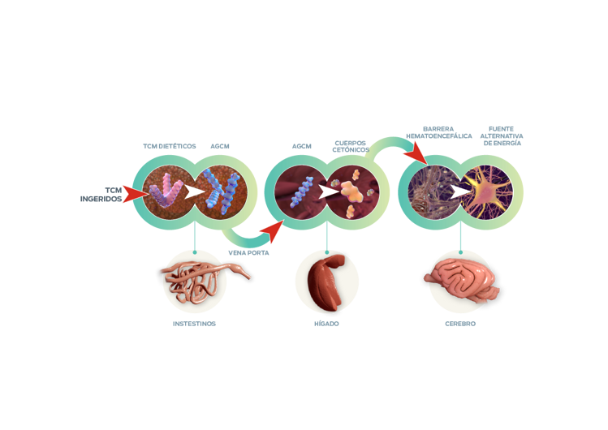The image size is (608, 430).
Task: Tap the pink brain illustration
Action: click(x=459, y=281)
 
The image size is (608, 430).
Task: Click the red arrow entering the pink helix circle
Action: click(x=134, y=192)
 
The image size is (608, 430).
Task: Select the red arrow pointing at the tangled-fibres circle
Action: click(x=415, y=151)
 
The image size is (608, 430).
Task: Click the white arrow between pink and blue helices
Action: click(x=194, y=192)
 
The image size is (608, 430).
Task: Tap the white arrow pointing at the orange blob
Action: click(x=327, y=192)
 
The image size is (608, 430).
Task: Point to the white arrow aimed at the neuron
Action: click(x=460, y=191)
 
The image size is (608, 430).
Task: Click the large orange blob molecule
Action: click(x=352, y=192)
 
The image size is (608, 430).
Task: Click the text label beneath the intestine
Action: click(x=194, y=323)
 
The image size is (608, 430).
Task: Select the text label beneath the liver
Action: click(x=326, y=323)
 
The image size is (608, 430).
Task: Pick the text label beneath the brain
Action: click(x=460, y=323)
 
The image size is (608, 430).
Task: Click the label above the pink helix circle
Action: click(x=170, y=146)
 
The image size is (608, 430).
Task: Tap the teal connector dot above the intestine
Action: click(x=195, y=248)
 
